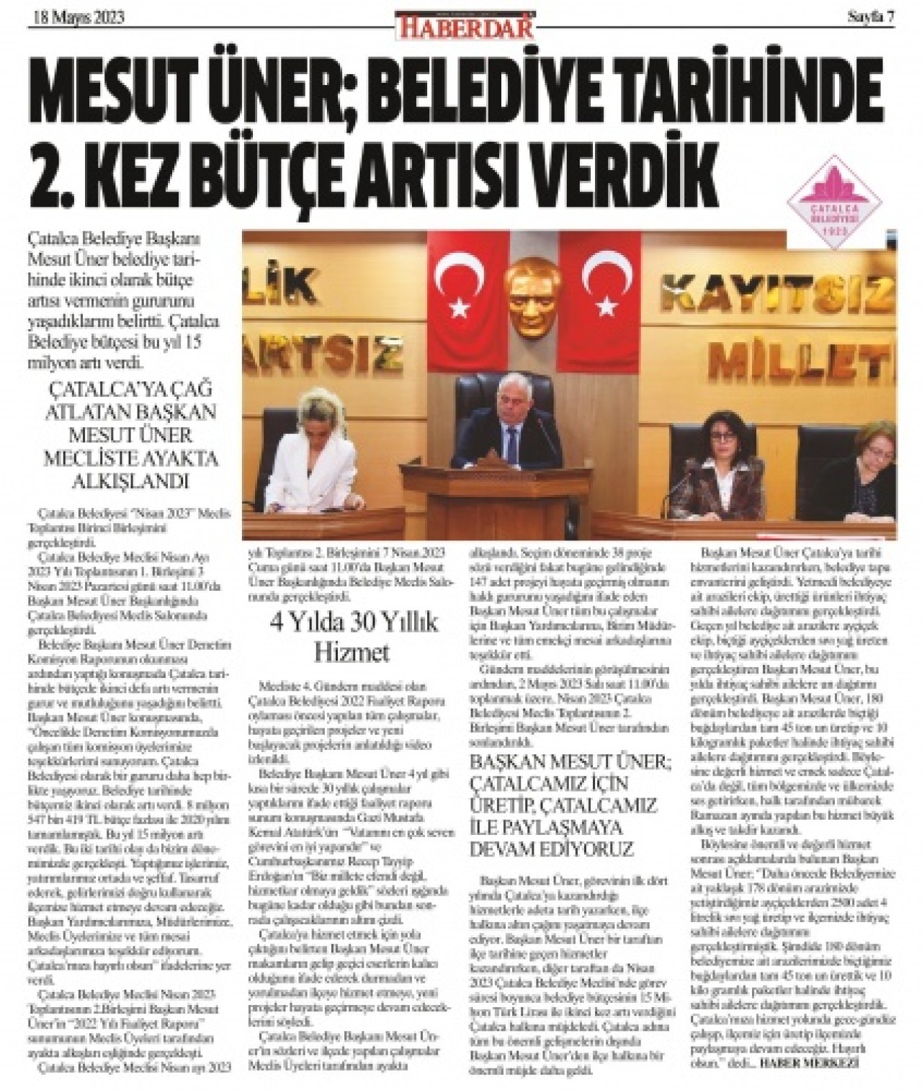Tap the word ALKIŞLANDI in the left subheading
coord(128,480)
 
